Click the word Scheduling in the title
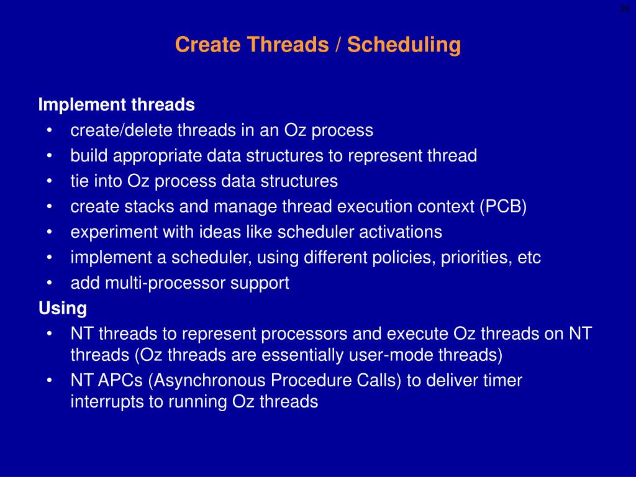(404, 45)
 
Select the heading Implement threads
(116, 104)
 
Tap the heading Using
(63, 308)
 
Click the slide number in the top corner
(624, 9)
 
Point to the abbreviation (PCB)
(503, 206)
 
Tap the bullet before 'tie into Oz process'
(49, 181)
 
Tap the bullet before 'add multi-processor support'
(49, 283)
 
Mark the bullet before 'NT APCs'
(49, 381)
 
